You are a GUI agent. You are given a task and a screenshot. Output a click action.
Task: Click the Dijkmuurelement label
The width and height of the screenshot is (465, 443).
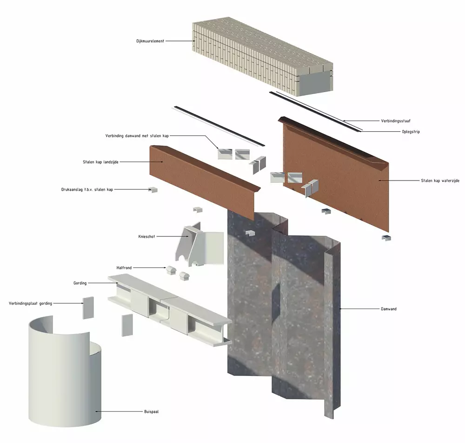tap(150, 41)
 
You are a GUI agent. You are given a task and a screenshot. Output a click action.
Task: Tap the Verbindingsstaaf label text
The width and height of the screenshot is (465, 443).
tap(396, 121)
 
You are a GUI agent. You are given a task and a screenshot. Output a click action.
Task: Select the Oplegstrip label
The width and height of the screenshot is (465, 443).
tap(411, 132)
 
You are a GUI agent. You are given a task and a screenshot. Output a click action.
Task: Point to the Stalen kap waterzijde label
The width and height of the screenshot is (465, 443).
tap(440, 181)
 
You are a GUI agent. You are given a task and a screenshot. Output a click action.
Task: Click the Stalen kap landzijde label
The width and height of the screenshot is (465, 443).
tap(100, 162)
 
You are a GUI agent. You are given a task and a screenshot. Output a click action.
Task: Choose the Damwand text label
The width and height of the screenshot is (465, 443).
tap(388, 309)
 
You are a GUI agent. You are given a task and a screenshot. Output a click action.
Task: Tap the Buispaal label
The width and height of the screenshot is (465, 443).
tap(151, 412)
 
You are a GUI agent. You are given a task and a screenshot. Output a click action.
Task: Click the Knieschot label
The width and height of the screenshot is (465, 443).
tap(146, 237)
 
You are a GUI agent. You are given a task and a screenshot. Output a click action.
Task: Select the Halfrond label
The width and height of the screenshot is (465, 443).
tap(124, 268)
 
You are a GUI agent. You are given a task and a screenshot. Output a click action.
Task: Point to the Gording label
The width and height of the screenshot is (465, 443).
tap(80, 283)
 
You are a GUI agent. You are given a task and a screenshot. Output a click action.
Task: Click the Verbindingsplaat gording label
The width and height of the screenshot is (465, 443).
tap(30, 303)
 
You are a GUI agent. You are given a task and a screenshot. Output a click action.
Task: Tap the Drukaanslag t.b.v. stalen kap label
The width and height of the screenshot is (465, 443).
tap(87, 189)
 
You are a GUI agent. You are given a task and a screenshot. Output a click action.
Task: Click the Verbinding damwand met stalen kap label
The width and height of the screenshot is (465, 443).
tap(137, 136)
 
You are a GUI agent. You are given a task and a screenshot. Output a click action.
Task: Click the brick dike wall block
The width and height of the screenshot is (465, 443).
tap(262, 56)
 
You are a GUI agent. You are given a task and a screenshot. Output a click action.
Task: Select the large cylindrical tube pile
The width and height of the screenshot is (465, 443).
tap(65, 377)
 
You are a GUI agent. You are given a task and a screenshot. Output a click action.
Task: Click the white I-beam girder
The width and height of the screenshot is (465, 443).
tap(170, 309)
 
